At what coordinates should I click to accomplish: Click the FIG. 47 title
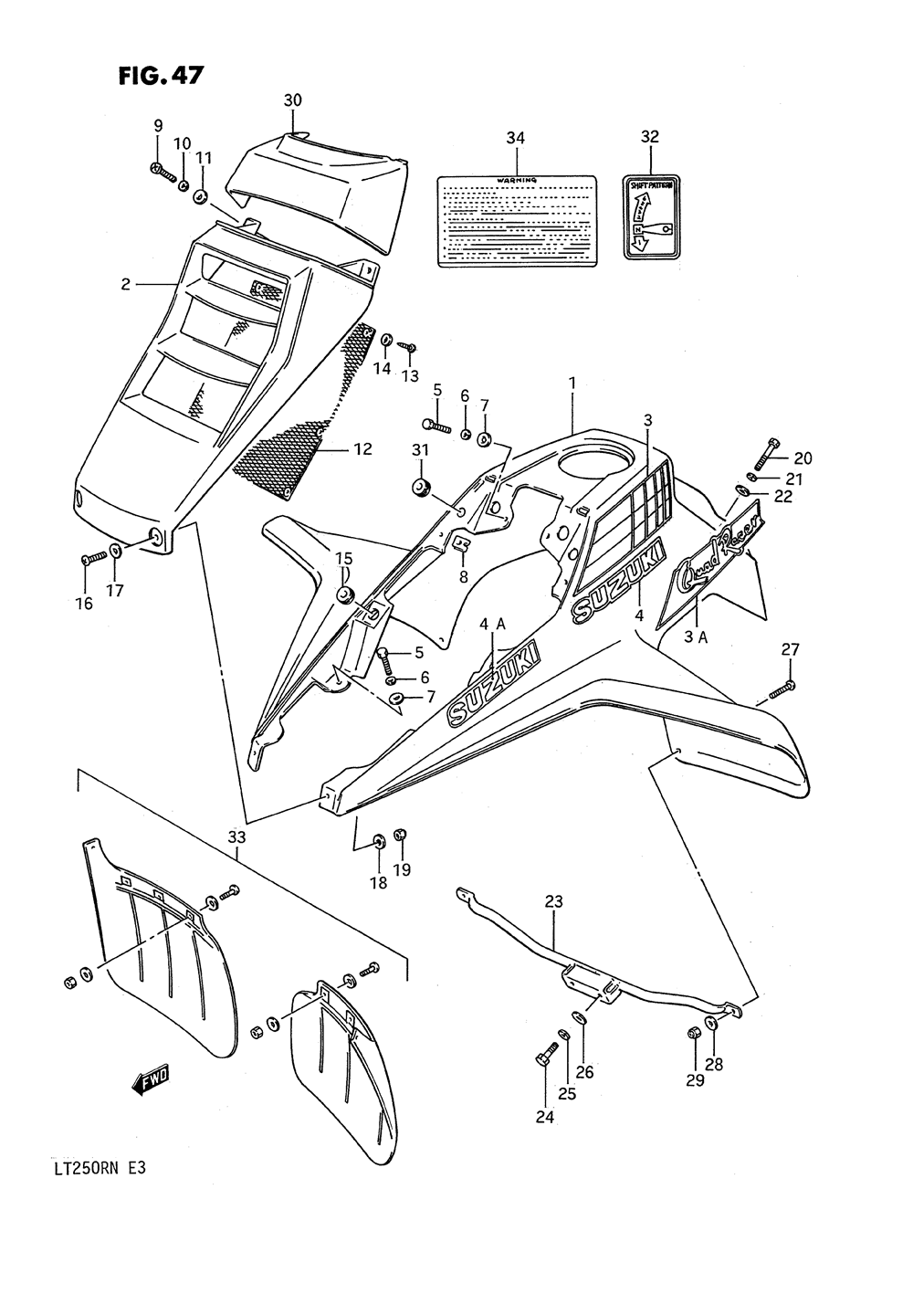pos(160,75)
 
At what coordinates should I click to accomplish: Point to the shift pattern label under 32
pos(651,218)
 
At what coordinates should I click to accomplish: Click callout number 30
pos(292,100)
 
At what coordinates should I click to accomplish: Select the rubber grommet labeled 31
pos(422,486)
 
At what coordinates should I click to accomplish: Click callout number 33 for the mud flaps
pos(236,836)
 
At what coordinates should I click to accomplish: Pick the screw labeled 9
pos(163,171)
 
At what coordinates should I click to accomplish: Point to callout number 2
pos(126,285)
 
